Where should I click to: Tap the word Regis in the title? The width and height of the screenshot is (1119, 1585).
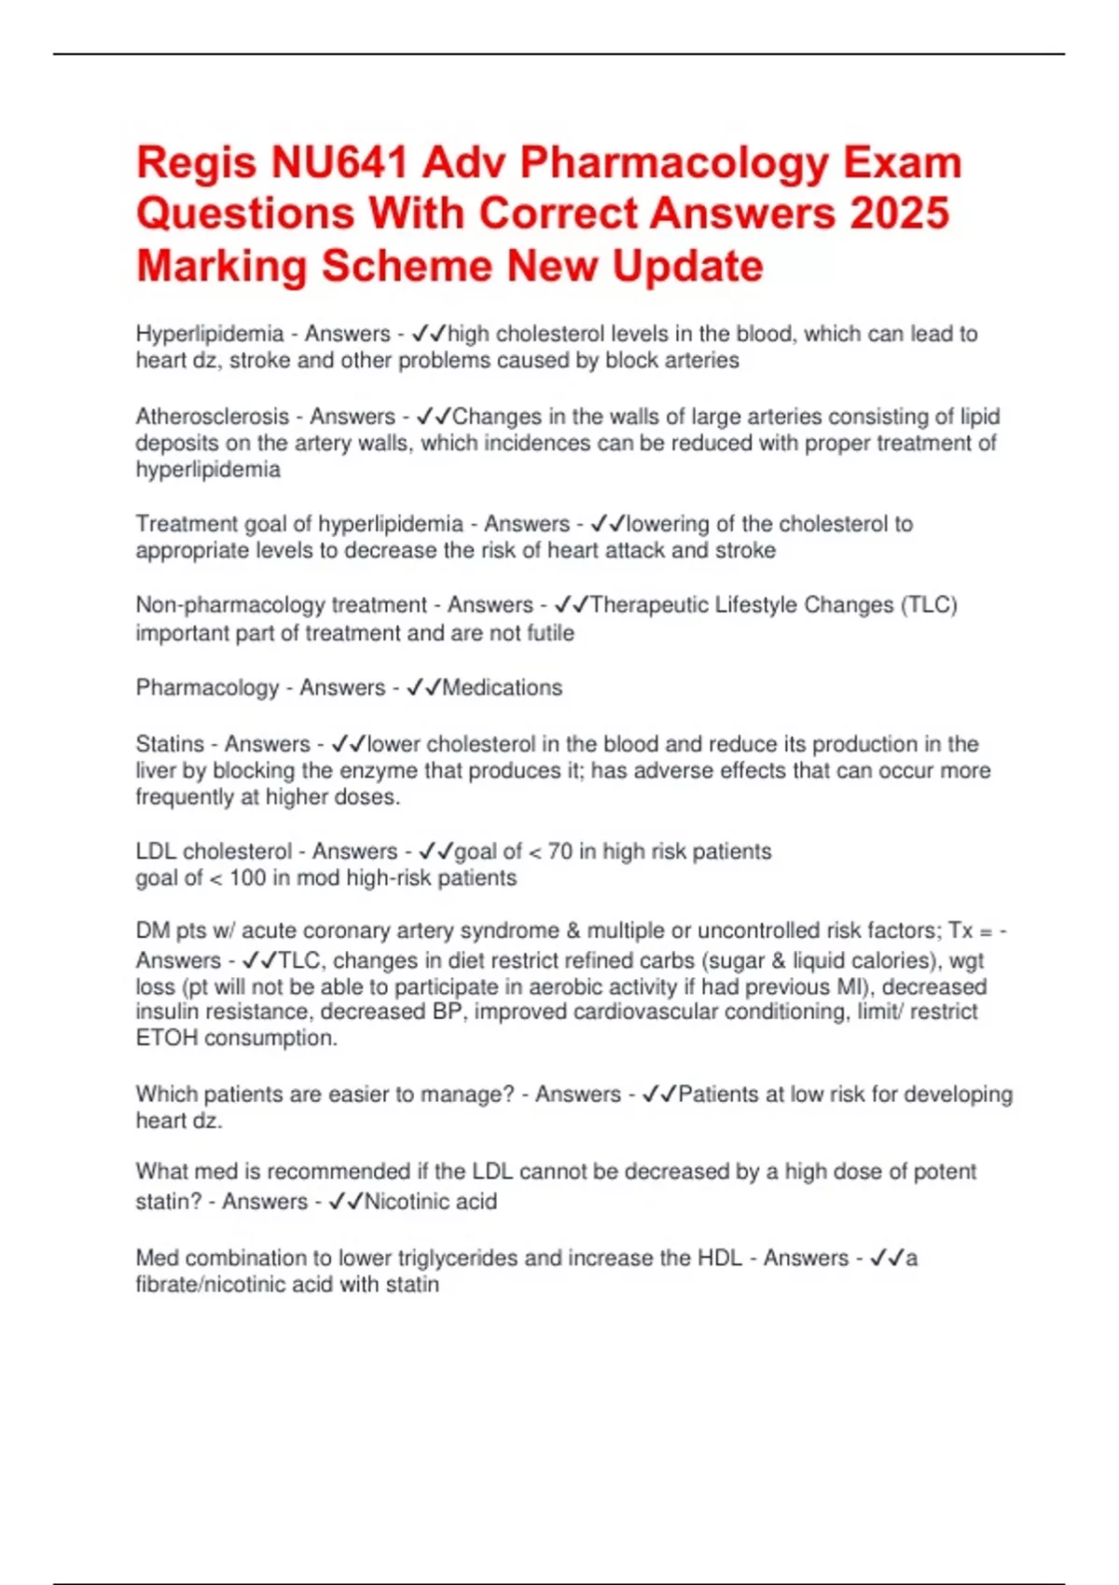[x=196, y=163]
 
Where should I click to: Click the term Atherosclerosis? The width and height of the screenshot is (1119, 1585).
[x=213, y=417]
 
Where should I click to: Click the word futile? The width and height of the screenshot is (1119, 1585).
[x=551, y=633]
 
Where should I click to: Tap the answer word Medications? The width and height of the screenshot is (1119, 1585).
[x=503, y=688]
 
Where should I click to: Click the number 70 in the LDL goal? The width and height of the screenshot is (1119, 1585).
[x=559, y=851]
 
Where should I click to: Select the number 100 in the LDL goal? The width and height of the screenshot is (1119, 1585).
[x=247, y=878]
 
